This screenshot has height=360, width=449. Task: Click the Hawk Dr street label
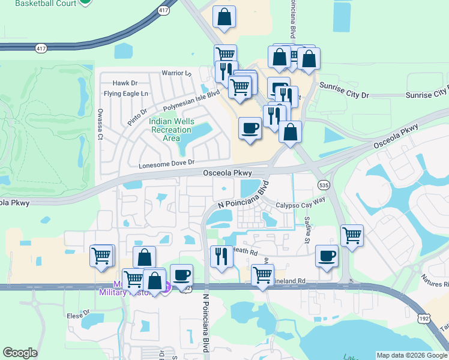pos(125,83)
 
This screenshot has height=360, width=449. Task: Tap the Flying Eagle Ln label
pos(125,94)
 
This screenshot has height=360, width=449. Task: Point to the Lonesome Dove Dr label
pos(167,163)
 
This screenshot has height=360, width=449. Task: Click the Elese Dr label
pos(78,314)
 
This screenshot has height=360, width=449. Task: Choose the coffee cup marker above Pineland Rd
pos(327,256)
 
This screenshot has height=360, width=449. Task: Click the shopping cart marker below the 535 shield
pos(352,235)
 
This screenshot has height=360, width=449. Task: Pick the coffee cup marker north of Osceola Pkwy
pos(250,128)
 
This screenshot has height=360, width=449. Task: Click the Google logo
pos(20,353)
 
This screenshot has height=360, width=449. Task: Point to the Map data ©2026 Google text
pos(412,355)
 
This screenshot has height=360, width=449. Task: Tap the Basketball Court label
pos(46,3)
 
